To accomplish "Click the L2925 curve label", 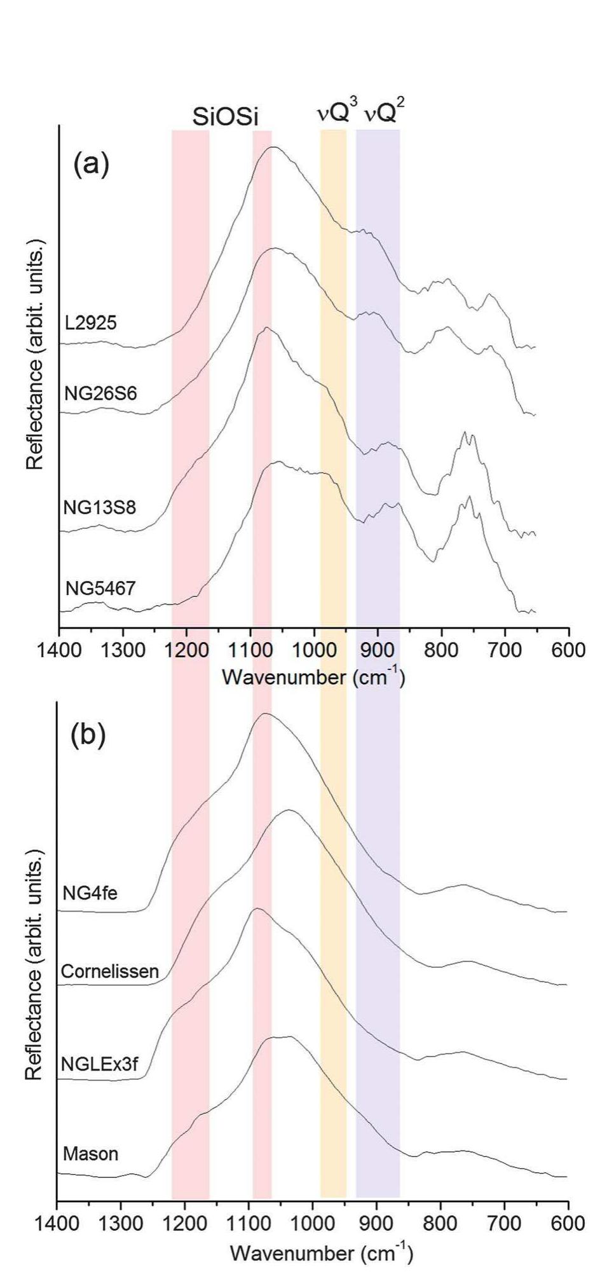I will pyautogui.click(x=91, y=323).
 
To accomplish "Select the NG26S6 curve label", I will pyautogui.click(x=100, y=393).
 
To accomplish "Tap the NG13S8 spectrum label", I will pyautogui.click(x=99, y=508).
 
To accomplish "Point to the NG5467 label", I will pyautogui.click(x=100, y=589).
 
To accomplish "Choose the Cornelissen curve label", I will pyautogui.click(x=109, y=971).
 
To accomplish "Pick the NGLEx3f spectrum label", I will pyautogui.click(x=99, y=1064).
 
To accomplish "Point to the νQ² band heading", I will pyautogui.click(x=383, y=114).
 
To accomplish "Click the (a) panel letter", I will pyautogui.click(x=91, y=165).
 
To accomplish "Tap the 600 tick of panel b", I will pyautogui.click(x=568, y=1223).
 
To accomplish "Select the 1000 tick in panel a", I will pyautogui.click(x=314, y=650).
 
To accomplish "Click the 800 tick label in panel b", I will pyautogui.click(x=440, y=1223).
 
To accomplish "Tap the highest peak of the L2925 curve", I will pyautogui.click(x=273, y=147).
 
